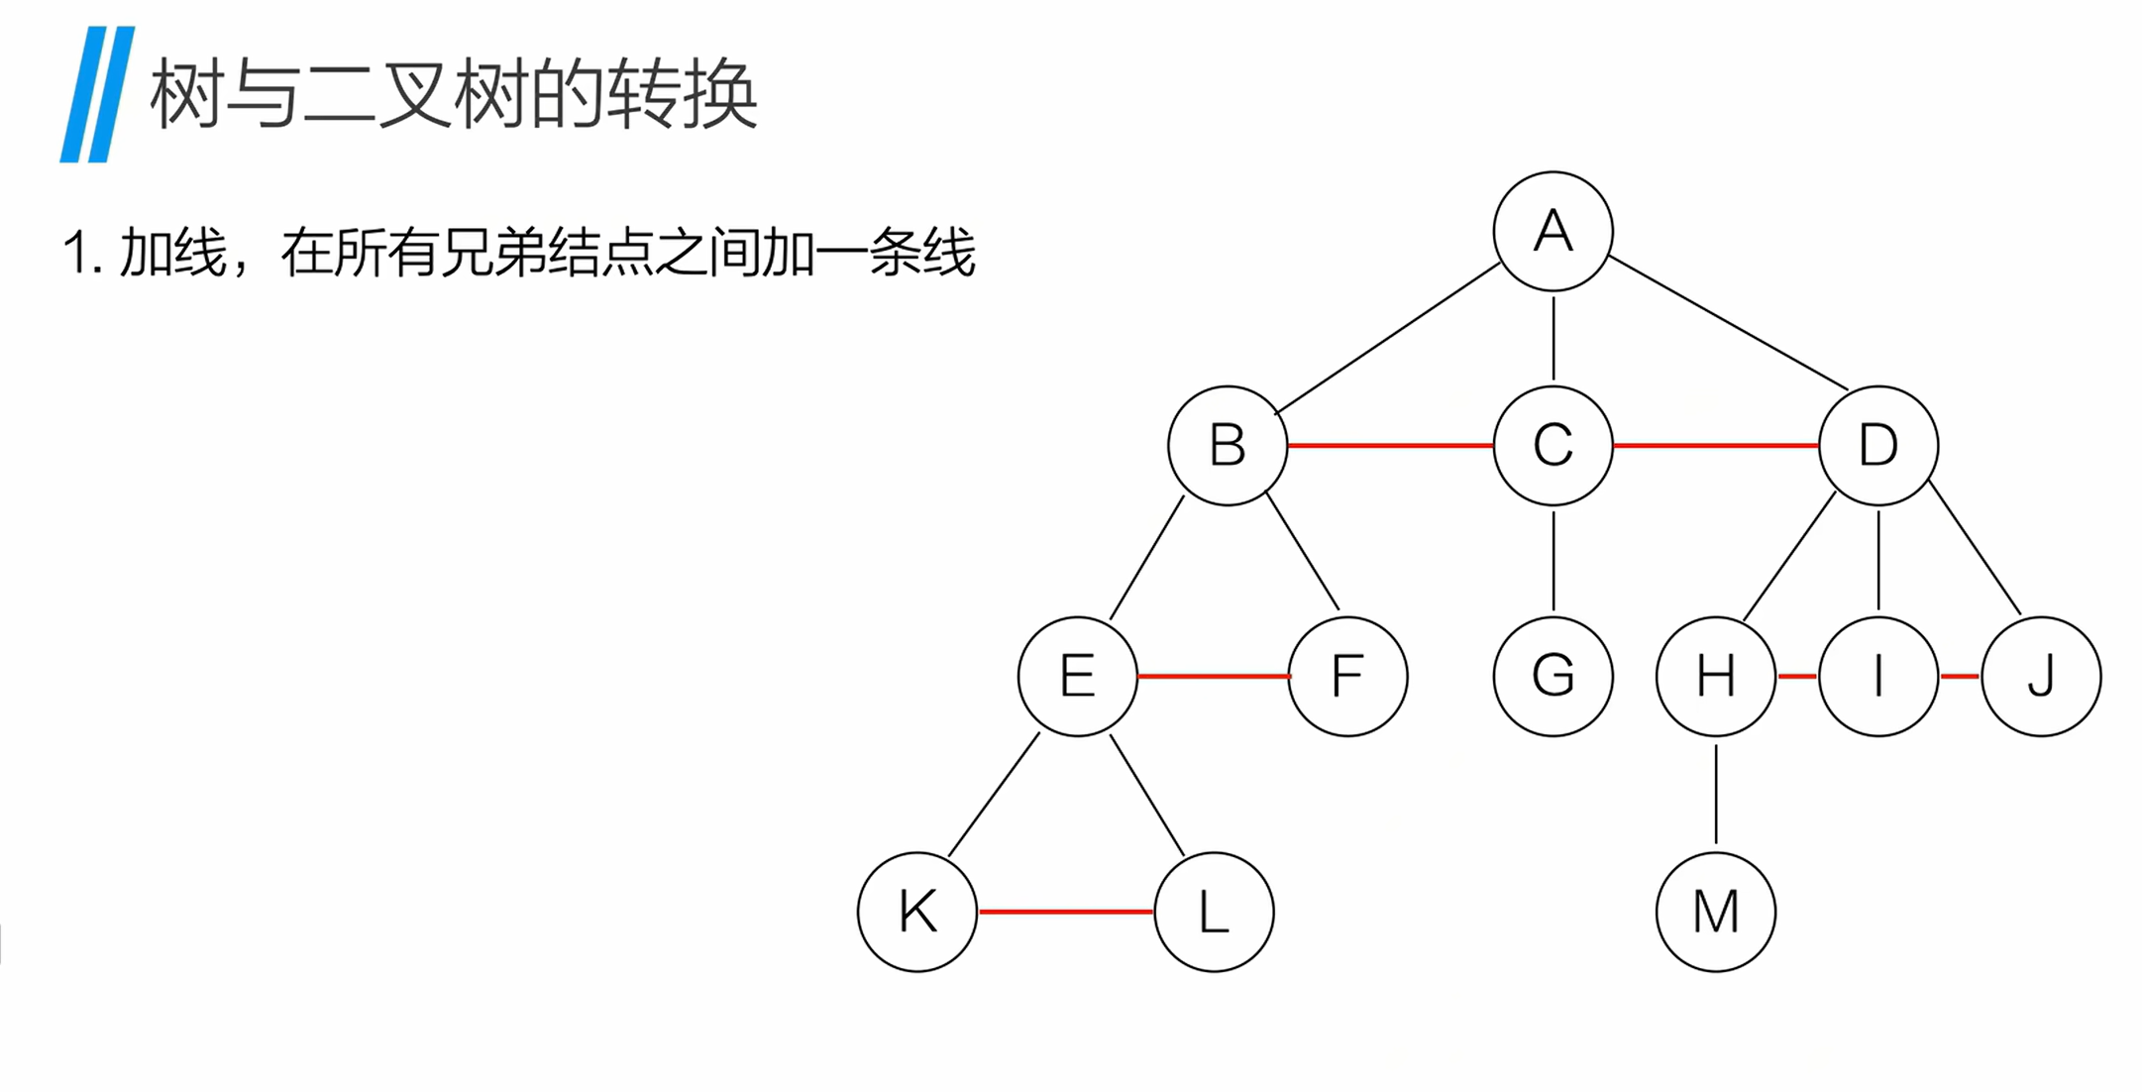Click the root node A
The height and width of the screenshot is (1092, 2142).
(1553, 232)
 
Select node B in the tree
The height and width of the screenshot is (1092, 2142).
(1228, 446)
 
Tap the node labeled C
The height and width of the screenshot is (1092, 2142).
(1553, 446)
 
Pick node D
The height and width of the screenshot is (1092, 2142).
(1878, 446)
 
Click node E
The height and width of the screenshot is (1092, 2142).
(1078, 677)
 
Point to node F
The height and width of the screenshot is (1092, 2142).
(1347, 677)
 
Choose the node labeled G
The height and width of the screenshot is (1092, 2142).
(1553, 677)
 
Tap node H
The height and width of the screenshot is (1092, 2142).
(1716, 677)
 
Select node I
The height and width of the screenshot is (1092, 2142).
(1878, 677)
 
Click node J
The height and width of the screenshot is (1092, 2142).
(2041, 677)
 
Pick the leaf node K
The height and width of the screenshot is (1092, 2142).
(917, 912)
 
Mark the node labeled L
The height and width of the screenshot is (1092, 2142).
(1214, 912)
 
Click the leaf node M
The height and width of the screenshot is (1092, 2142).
(1716, 912)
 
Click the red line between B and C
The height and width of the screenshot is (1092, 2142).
(1390, 446)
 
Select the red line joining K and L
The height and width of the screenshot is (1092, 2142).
(1066, 912)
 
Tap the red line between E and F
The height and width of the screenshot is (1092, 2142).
(1213, 677)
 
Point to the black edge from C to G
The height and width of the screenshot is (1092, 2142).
(1553, 561)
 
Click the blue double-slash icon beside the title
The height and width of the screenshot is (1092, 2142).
(97, 94)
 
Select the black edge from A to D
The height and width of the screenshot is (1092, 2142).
(1729, 323)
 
